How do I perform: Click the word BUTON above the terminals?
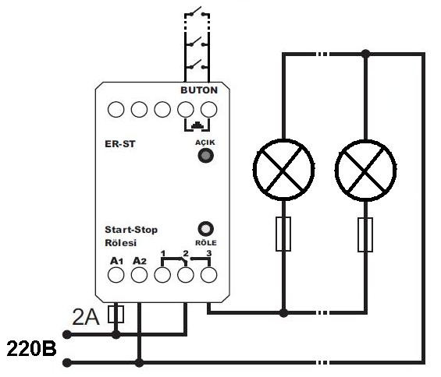(x=199, y=90)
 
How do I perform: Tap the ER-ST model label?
(x=120, y=144)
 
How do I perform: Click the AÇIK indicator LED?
(x=205, y=155)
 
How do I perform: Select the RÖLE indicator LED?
(x=205, y=229)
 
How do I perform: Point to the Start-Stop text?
(x=131, y=230)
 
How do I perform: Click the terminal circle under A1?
(x=116, y=274)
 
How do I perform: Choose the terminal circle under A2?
(x=139, y=274)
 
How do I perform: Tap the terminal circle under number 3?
(x=208, y=274)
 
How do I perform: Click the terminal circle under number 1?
(x=162, y=274)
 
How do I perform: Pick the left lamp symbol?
(x=283, y=169)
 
